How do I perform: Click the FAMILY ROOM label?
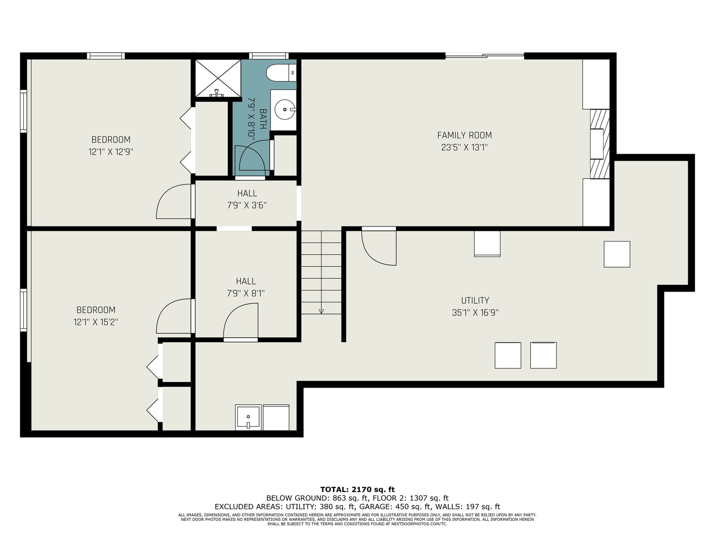pyautogui.click(x=464, y=135)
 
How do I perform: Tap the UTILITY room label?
pyautogui.click(x=475, y=300)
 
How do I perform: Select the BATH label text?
pyautogui.click(x=263, y=119)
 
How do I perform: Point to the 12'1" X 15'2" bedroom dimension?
pyautogui.click(x=96, y=322)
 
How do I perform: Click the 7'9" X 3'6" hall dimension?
pyautogui.click(x=247, y=205)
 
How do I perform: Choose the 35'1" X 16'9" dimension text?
pyautogui.click(x=475, y=313)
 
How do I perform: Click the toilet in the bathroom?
pyautogui.click(x=281, y=73)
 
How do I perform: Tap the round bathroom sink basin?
pyautogui.click(x=285, y=109)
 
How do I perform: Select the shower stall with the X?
pyautogui.click(x=218, y=78)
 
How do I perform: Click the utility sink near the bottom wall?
pyautogui.click(x=248, y=418)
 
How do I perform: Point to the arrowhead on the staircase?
pyautogui.click(x=321, y=311)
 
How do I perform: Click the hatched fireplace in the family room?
pyautogui.click(x=600, y=144)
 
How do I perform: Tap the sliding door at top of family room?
pyautogui.click(x=485, y=56)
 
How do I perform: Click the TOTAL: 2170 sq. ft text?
pyautogui.click(x=357, y=490)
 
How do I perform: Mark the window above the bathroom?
pyautogui.click(x=269, y=56)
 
